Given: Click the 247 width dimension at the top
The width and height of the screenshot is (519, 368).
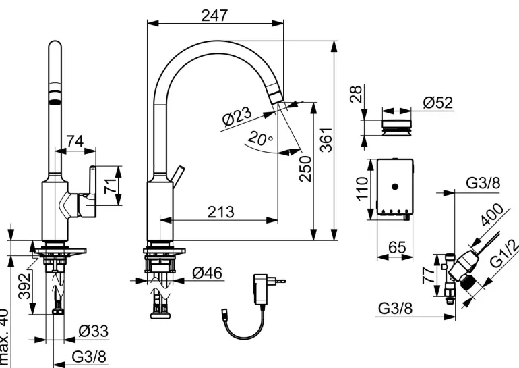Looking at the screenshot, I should (214, 14).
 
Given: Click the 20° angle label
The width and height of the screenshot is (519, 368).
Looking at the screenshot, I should (259, 140).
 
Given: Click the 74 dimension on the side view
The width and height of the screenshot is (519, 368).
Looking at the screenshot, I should (74, 141).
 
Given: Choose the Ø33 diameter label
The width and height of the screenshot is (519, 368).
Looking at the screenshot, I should (91, 332).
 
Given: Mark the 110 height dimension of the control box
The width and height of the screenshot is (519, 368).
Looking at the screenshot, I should (362, 190).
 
